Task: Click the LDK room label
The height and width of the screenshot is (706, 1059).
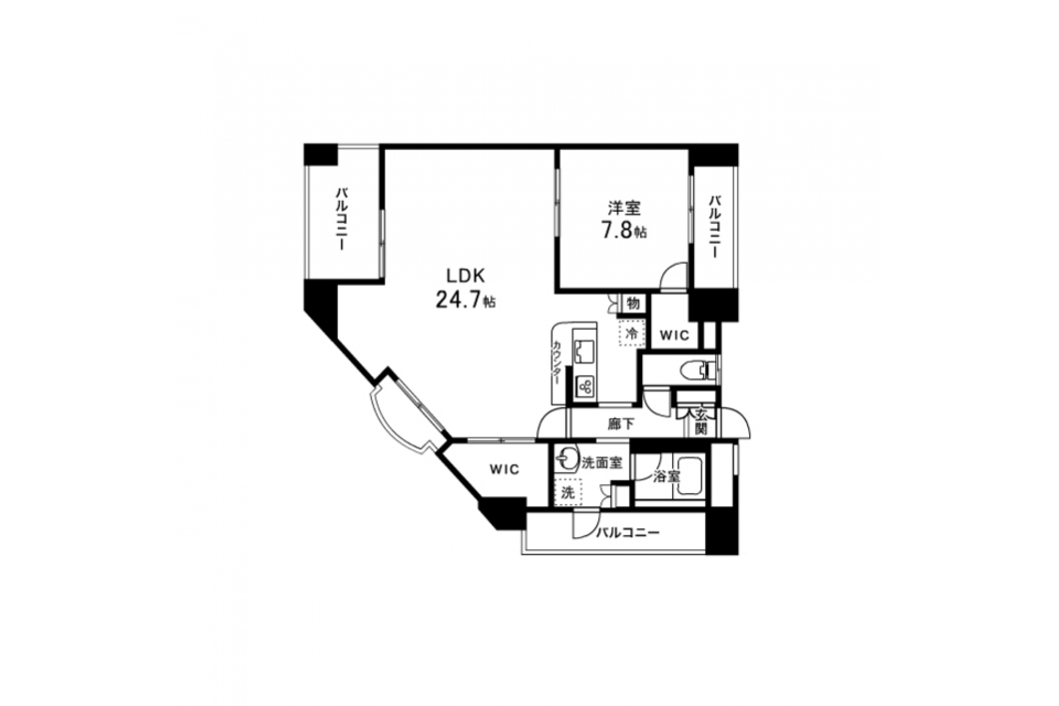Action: [x=465, y=275]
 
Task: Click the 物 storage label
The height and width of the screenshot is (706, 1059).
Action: [x=633, y=303]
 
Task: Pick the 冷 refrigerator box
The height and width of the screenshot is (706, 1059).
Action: [x=631, y=333]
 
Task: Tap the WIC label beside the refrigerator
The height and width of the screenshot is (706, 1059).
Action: [x=675, y=336]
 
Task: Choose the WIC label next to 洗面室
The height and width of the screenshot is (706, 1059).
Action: [x=504, y=470]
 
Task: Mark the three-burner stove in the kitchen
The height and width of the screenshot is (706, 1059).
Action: [x=585, y=388]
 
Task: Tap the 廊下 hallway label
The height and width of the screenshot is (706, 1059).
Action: [x=621, y=424]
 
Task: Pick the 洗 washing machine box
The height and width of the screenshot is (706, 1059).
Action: [x=567, y=492]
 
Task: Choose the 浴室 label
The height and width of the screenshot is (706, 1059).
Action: [x=666, y=476]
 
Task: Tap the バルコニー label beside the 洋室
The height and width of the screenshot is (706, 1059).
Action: [x=714, y=227]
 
